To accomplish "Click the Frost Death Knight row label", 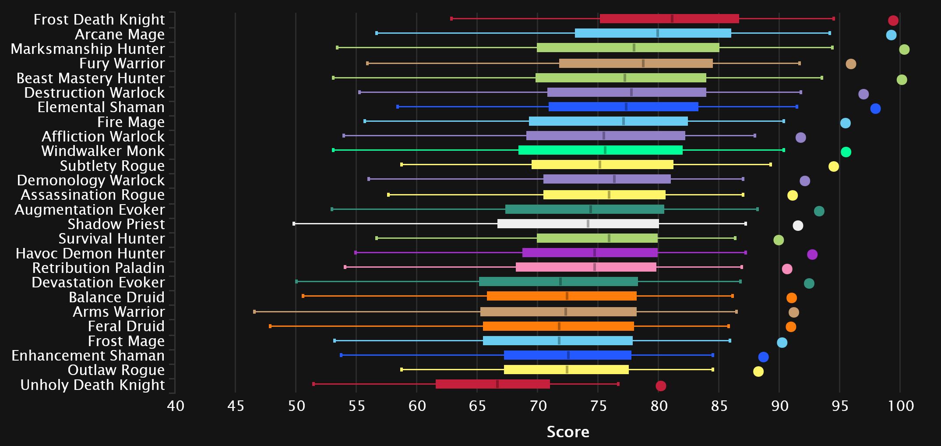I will pos(99,20).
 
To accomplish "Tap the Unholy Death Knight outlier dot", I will pos(661,386).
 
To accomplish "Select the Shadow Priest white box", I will pos(578,224).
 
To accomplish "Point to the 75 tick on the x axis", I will pos(598,406).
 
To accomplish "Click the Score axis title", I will pos(568,432).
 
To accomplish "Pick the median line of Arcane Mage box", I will pos(658,33).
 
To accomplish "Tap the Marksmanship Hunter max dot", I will pos(904,50).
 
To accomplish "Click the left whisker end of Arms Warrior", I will pos(254,312).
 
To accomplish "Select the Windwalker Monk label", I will pos(103,151).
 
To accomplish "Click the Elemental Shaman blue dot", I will pos(875,109).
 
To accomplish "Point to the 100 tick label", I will pos(901,406).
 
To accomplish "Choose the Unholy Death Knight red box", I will pos(493,384).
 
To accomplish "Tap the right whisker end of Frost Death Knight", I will pos(834,19).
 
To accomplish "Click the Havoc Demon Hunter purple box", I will pos(590,253).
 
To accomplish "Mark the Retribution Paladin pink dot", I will pos(787,269).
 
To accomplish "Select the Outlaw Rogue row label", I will pos(116,370).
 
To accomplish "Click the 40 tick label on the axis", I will pos(176,406).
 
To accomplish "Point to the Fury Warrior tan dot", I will pos(851,64).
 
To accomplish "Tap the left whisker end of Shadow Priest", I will pos(294,224).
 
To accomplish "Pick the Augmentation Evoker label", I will pos(90,210).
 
